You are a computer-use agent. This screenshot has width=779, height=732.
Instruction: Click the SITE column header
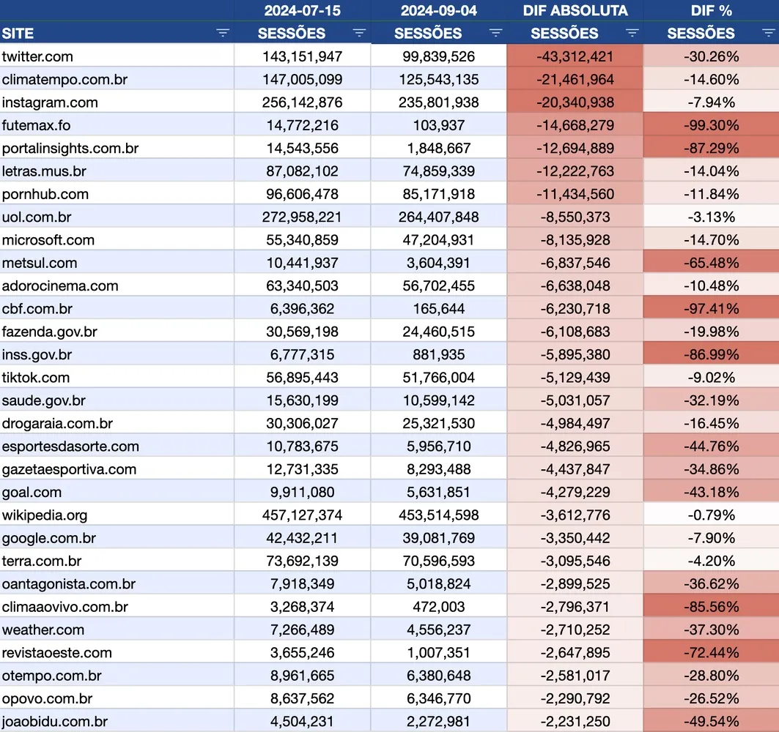[x=18, y=33]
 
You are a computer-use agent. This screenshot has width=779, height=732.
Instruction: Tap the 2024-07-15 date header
[x=302, y=10]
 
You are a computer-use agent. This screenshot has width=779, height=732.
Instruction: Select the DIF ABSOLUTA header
[x=575, y=10]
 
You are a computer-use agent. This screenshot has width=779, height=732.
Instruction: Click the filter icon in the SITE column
[x=223, y=33]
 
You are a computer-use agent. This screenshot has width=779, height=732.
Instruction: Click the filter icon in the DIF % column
[x=768, y=33]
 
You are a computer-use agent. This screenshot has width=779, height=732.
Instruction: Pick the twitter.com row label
[x=37, y=56]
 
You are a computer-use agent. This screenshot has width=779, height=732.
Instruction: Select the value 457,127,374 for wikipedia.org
[x=302, y=515]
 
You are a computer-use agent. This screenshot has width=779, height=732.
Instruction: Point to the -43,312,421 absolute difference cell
[x=575, y=56]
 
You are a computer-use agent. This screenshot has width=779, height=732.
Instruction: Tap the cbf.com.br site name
[x=37, y=308]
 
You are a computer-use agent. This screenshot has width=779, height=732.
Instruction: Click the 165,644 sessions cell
[x=438, y=308]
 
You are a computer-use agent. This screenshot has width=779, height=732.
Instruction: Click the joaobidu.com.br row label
[x=55, y=721]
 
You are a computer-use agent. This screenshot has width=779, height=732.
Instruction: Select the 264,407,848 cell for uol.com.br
[x=438, y=217]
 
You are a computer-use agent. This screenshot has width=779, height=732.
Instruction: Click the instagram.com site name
[x=50, y=102]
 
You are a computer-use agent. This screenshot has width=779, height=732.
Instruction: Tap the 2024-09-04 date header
[x=438, y=10]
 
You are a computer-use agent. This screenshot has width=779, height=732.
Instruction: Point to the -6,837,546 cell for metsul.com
[x=575, y=263]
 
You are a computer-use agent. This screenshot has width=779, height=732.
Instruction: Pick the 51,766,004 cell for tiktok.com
[x=438, y=377]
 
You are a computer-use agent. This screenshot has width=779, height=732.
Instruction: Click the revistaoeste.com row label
[x=57, y=652]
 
